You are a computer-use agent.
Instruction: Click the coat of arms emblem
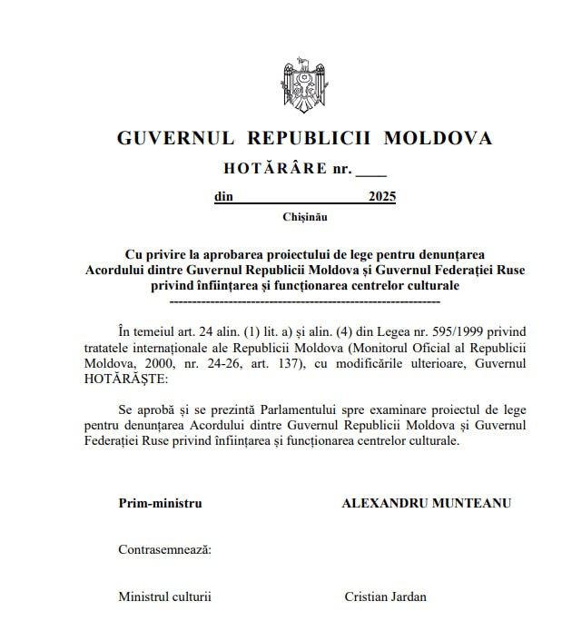(303, 87)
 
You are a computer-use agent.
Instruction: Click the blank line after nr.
(370, 171)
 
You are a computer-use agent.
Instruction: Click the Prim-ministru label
(160, 502)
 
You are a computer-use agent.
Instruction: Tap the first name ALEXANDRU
(380, 502)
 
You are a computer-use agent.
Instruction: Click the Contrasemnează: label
(164, 549)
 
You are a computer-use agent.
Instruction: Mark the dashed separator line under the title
(305, 300)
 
